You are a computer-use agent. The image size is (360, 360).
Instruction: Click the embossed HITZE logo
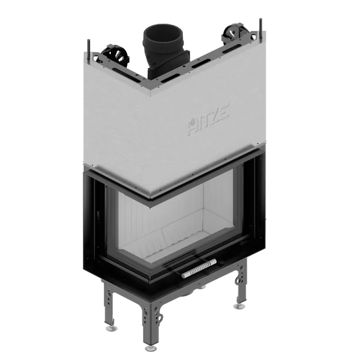(209, 120)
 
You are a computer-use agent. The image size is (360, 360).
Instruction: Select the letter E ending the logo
(224, 112)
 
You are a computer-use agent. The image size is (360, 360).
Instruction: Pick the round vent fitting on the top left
(115, 55)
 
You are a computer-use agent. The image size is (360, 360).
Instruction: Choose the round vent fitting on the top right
(234, 33)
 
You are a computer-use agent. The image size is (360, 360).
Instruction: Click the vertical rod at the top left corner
(88, 51)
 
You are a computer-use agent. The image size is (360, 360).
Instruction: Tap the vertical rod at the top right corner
(261, 28)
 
